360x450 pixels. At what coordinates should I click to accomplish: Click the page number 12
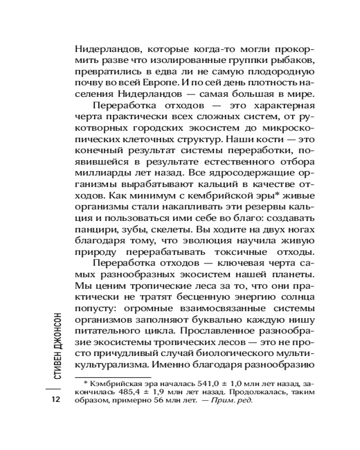[56, 399]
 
